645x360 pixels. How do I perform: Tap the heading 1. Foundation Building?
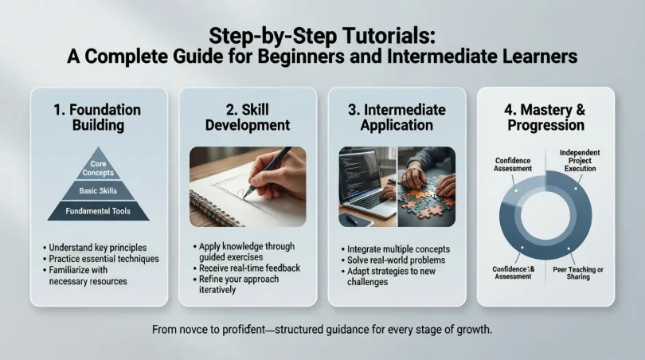pos(99,116)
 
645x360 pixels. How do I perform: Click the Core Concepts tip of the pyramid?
pos(99,168)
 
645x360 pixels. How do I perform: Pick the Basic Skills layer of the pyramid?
pos(99,191)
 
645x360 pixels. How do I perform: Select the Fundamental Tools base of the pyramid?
pos(99,211)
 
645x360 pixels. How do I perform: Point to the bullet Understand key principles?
pos(99,247)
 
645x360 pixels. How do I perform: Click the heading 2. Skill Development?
pos(248,116)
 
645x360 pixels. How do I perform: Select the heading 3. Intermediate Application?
pos(397,116)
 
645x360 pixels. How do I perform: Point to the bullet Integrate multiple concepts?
pos(398,249)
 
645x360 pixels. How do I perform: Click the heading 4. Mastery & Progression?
pos(545,116)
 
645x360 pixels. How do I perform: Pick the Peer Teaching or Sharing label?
pos(578,273)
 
